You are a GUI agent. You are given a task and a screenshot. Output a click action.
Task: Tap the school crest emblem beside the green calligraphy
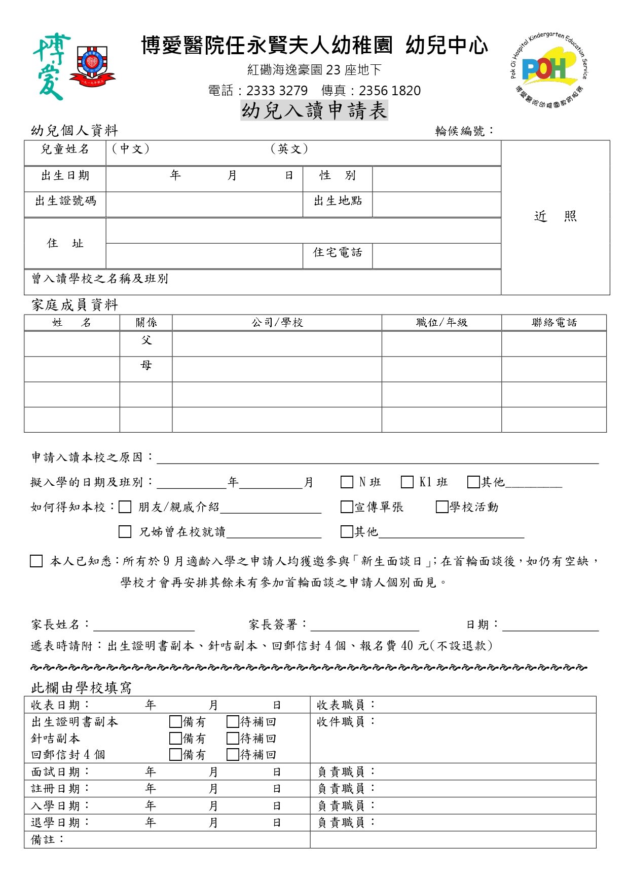[92, 65]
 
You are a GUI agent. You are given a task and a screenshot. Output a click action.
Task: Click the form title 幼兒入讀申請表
[314, 110]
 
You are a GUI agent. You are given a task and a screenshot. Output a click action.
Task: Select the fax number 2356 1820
[389, 91]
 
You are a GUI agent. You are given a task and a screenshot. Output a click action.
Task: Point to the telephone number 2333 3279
[277, 91]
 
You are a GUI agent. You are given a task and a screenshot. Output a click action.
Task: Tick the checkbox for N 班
[347, 482]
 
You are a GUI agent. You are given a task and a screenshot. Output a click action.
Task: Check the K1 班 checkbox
[407, 482]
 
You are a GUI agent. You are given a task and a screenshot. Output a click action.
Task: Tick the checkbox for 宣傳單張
[347, 507]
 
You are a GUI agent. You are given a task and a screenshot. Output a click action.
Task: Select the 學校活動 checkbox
[442, 507]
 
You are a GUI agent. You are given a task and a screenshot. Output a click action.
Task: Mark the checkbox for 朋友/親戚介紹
[125, 507]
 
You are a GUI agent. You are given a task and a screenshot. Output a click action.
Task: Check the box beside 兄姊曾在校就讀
[125, 532]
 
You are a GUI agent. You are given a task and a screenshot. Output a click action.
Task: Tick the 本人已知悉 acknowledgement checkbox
[36, 561]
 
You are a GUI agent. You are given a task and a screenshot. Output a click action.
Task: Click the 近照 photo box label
[555, 217]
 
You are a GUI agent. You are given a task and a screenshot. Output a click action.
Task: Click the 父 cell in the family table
[146, 341]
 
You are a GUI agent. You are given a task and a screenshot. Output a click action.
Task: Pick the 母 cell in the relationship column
[146, 366]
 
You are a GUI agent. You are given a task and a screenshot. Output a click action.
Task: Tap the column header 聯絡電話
[554, 323]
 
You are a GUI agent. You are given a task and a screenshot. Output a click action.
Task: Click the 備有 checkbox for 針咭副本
[175, 739]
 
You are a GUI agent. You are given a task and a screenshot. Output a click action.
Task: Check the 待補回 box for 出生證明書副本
[233, 722]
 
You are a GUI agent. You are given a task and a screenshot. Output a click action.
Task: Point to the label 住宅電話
[338, 252]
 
